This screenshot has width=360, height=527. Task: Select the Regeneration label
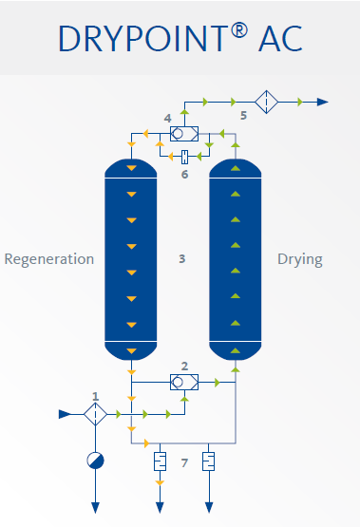pyautogui.click(x=49, y=259)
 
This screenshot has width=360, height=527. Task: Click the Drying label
pyautogui.click(x=299, y=259)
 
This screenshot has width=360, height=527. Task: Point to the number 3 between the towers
pyautogui.click(x=181, y=258)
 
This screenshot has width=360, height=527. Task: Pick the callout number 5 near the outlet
pyautogui.click(x=243, y=116)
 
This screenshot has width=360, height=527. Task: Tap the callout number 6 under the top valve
pyautogui.click(x=185, y=174)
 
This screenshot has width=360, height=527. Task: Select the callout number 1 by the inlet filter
pyautogui.click(x=95, y=395)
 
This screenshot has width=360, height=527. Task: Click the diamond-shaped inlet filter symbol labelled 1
pyautogui.click(x=95, y=414)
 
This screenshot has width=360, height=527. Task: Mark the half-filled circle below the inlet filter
pyautogui.click(x=95, y=461)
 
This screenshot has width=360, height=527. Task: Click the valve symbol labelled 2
pyautogui.click(x=182, y=382)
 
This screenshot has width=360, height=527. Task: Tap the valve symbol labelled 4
pyautogui.click(x=183, y=135)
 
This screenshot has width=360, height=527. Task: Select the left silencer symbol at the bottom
pyautogui.click(x=160, y=462)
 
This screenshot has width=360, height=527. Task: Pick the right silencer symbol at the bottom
pyautogui.click(x=209, y=462)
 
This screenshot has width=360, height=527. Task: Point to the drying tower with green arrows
pyautogui.click(x=235, y=259)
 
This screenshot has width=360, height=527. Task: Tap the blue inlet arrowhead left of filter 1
pyautogui.click(x=65, y=414)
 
